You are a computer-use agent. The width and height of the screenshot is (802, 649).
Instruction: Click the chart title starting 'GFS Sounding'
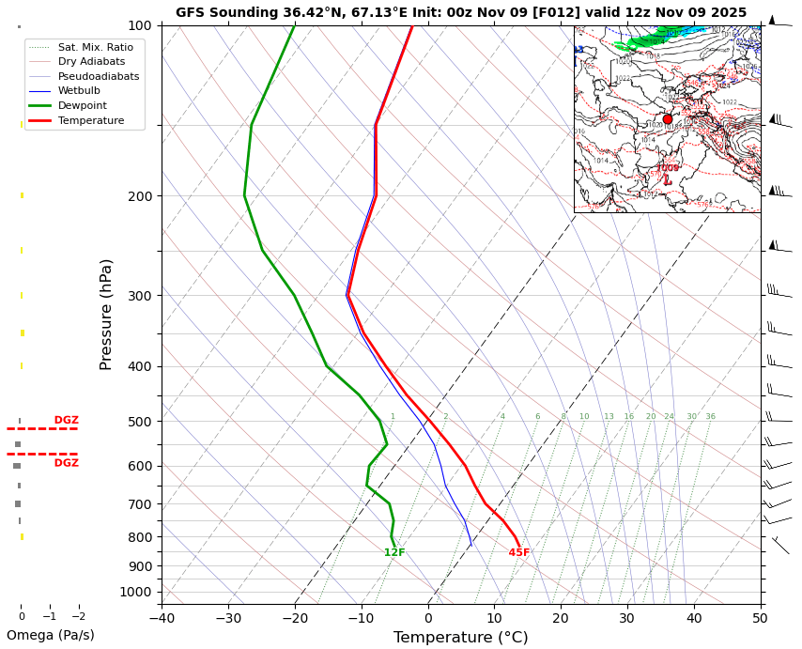coord(461,12)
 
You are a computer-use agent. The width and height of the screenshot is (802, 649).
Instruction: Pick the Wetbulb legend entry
coord(79,90)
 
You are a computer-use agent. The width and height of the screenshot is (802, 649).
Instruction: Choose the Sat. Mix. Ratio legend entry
coord(95,46)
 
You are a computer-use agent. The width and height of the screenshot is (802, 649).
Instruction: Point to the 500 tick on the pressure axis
coord(140,422)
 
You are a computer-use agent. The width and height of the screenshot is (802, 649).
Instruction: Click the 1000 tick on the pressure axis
coord(136,592)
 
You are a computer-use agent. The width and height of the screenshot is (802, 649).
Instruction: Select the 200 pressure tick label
coord(140,196)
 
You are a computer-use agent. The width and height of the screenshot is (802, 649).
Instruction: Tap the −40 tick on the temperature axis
coord(162,617)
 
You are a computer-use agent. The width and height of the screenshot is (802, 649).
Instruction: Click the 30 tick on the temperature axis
coord(626,617)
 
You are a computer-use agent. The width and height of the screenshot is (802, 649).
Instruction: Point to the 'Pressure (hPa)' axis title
coord(106,314)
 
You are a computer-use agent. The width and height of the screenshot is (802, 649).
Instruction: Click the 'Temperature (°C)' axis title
coord(460,638)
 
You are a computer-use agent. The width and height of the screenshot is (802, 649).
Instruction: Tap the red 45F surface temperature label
coord(519,553)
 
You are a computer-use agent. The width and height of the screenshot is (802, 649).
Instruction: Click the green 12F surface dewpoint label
coord(394,553)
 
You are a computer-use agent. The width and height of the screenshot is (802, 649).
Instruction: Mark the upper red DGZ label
coord(66,420)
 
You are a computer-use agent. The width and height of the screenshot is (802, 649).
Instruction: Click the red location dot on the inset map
coord(668,119)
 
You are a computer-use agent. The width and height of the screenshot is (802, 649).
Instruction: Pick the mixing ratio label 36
coord(710,417)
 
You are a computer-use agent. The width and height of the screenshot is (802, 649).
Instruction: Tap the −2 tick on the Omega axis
coord(79,617)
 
